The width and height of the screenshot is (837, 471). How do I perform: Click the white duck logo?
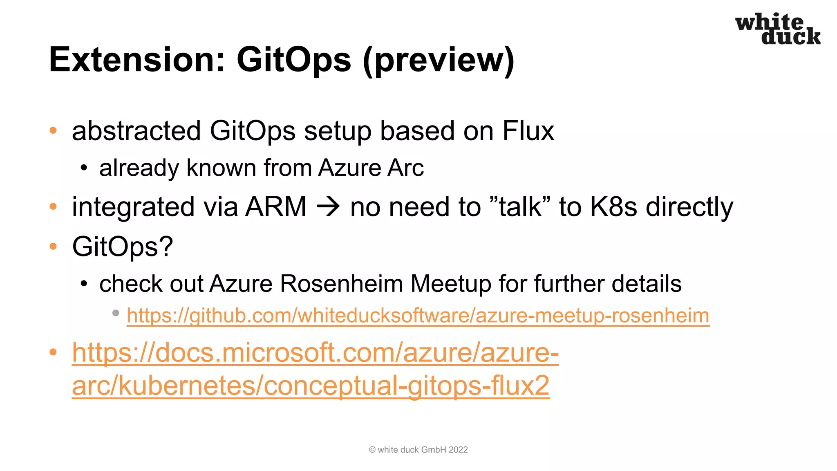click(778, 29)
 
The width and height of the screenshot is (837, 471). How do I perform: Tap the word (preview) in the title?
click(438, 60)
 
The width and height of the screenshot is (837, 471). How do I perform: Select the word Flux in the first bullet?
click(528, 131)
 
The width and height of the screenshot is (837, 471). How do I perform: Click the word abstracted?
click(136, 131)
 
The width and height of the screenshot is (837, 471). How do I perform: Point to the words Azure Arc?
click(371, 168)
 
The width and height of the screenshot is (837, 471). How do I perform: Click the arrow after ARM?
click(328, 206)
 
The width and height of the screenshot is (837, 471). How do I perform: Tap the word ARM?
click(276, 206)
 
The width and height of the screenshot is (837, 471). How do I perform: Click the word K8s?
click(613, 206)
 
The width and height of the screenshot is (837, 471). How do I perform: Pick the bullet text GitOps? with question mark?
click(123, 247)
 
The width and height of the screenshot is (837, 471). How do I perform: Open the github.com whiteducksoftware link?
click(418, 316)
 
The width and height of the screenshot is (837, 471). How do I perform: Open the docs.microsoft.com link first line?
click(315, 352)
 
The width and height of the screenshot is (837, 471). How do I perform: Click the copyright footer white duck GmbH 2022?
click(418, 450)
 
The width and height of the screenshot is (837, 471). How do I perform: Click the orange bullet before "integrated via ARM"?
click(53, 206)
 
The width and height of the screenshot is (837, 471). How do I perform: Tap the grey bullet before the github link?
click(116, 313)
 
